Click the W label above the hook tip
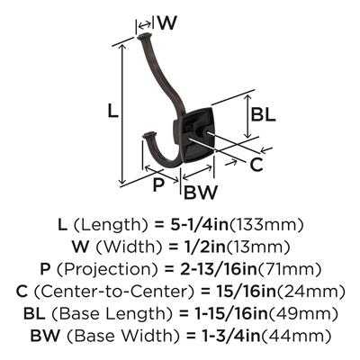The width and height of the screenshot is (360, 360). click(166, 22)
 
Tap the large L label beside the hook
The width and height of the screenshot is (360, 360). click(113, 110)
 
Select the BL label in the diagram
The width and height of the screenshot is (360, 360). click(264, 114)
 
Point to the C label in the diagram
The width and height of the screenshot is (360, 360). click(256, 165)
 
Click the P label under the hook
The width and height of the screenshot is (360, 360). click(158, 184)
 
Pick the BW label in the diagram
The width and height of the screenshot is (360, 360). click(200, 193)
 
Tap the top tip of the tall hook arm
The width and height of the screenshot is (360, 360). click(144, 37)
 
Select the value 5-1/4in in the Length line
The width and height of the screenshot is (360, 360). click(199, 225)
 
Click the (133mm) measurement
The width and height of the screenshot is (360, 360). click(266, 226)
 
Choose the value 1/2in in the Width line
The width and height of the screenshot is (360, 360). click(204, 247)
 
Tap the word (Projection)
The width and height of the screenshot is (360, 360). click(108, 270)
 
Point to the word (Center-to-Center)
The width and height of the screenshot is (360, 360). click(114, 292)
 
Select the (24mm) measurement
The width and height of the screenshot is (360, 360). click(307, 292)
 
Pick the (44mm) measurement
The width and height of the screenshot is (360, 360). click(296, 336)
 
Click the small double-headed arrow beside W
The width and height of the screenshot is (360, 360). click(145, 24)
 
